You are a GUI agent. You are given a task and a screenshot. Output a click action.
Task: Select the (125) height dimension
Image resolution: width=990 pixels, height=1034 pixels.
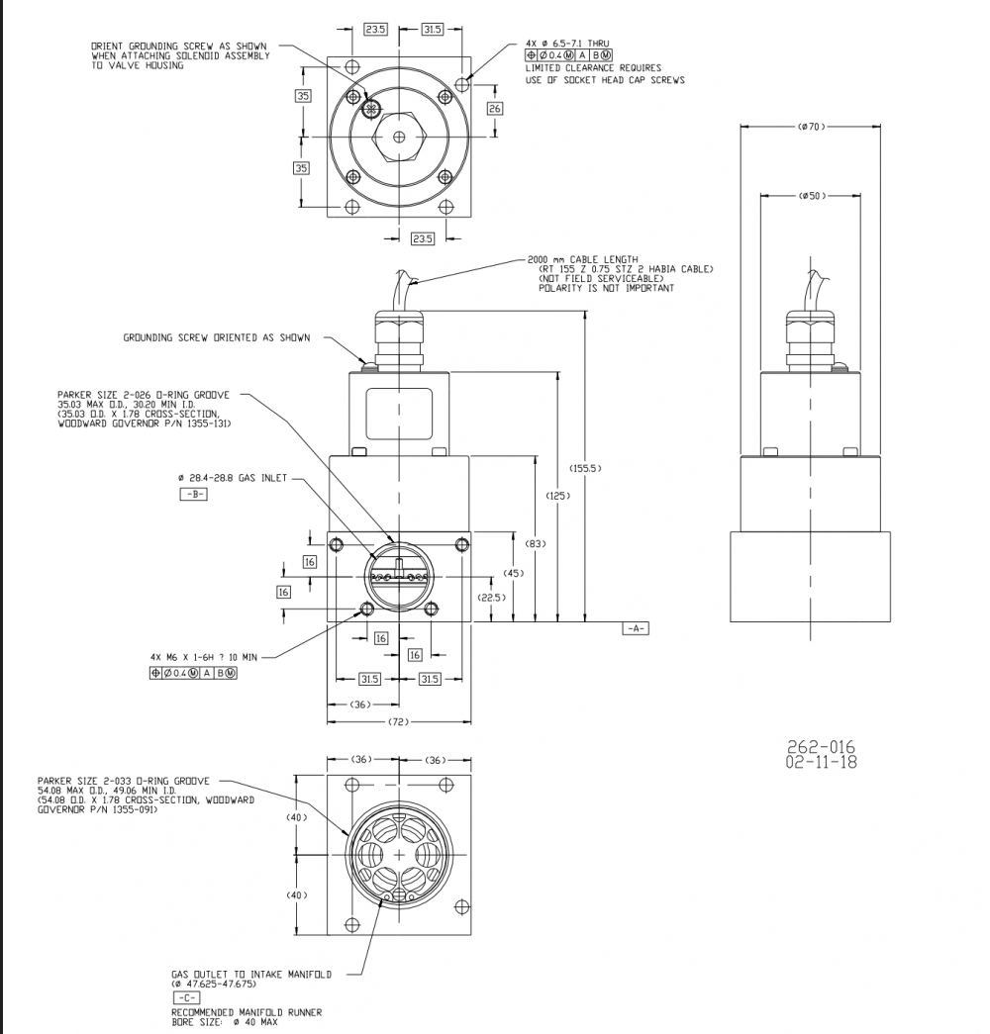point(559,496)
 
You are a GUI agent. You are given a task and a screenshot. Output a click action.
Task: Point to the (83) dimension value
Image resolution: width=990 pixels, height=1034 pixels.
point(536,544)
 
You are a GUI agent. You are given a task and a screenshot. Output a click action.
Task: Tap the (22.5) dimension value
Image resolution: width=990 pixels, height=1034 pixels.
point(492,598)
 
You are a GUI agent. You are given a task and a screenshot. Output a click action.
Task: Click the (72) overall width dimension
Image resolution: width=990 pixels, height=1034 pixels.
point(399,723)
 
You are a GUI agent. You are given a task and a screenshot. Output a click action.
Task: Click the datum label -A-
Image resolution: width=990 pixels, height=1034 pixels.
point(635,629)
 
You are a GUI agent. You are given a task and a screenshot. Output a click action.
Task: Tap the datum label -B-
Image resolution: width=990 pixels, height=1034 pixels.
point(193,494)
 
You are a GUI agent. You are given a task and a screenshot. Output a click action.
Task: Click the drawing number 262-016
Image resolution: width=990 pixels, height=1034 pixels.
point(821,747)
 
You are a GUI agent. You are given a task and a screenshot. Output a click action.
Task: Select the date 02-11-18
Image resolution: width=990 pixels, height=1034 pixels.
point(821,762)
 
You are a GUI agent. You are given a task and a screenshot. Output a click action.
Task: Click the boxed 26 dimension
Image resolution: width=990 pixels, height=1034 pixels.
point(495,107)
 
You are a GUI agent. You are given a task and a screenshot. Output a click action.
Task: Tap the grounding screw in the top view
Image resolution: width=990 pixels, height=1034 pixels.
point(370,108)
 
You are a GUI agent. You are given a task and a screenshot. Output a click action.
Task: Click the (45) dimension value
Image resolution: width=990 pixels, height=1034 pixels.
point(514,573)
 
